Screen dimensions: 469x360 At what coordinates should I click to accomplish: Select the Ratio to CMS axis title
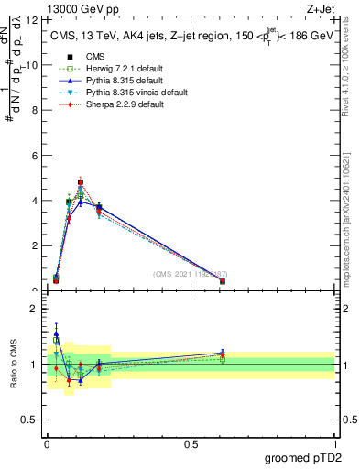(15, 364)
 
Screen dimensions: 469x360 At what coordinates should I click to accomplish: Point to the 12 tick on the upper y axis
(34, 19)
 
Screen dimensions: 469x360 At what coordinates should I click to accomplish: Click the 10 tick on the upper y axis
(34, 65)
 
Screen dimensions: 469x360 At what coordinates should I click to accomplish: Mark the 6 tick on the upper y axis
(36, 156)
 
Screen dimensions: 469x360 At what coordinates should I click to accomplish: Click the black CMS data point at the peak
(81, 182)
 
